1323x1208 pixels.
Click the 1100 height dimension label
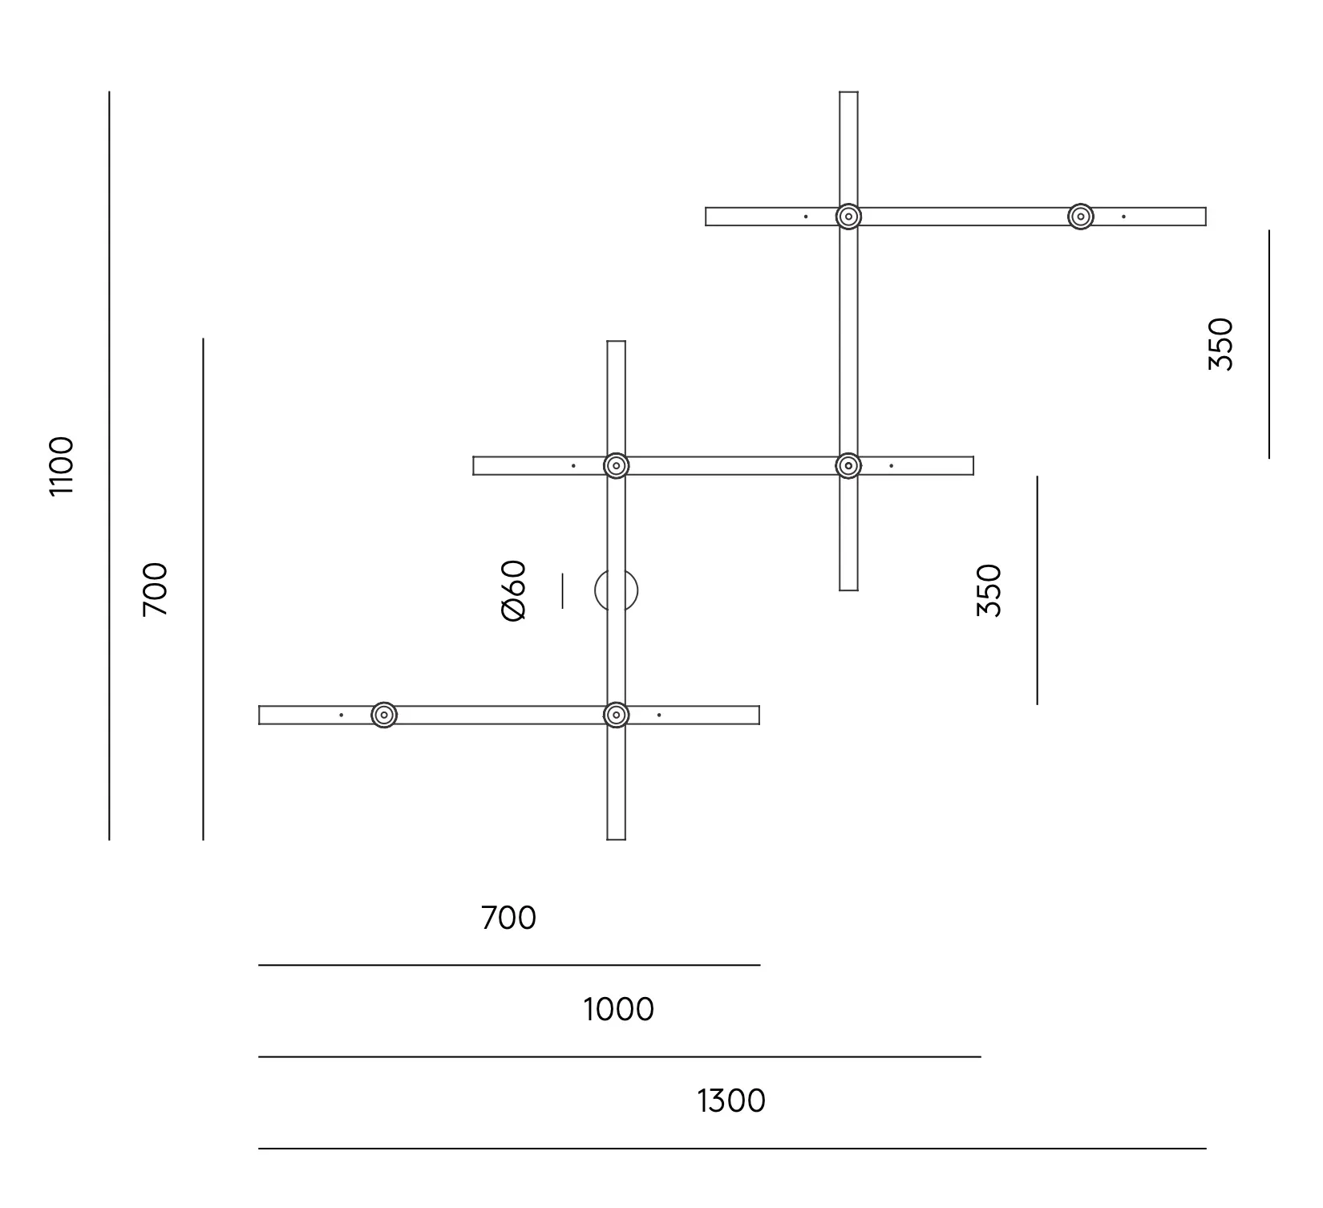point(62,466)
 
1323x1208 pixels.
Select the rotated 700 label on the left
point(156,590)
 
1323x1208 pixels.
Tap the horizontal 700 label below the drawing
point(508,918)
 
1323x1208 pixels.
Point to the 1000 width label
point(618,1009)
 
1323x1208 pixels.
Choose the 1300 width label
point(731,1101)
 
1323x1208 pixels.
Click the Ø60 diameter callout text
point(513,590)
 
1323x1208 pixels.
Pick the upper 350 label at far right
point(1220,344)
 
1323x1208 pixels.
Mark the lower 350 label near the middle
point(989,590)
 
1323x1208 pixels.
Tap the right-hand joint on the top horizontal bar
point(1081,217)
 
